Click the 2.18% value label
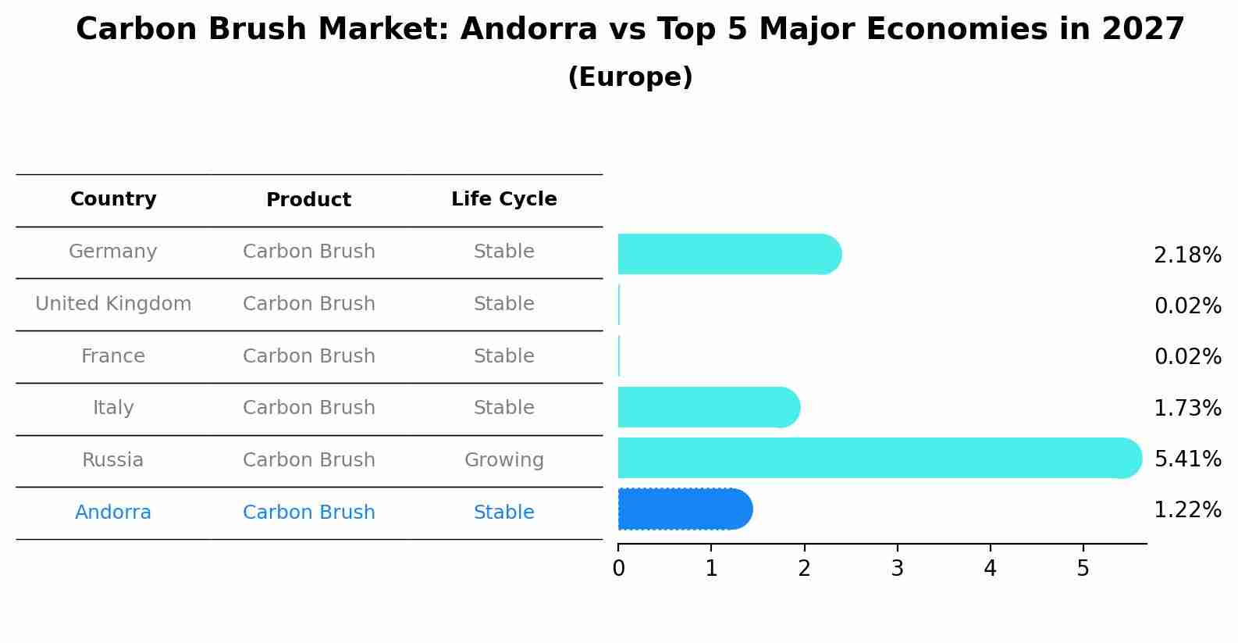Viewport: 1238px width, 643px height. coord(1186,255)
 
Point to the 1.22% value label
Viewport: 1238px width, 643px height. coord(1186,510)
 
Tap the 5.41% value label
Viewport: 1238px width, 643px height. coord(1186,459)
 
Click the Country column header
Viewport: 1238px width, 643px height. coord(113,199)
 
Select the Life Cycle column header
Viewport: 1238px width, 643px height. coord(503,199)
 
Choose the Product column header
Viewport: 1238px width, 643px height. coord(308,200)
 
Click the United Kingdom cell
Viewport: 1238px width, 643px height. coord(113,304)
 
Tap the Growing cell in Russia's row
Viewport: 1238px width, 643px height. coord(503,460)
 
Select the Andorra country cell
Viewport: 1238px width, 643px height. coord(113,513)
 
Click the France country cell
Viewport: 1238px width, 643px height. coord(113,356)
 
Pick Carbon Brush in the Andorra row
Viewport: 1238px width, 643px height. coord(308,513)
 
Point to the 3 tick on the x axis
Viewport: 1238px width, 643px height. coord(897,569)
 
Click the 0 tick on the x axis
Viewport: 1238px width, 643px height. coord(618,569)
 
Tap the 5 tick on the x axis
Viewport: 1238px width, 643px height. coord(1083,569)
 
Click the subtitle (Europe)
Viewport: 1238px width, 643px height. coord(630,77)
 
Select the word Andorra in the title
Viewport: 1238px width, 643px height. coord(519,30)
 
